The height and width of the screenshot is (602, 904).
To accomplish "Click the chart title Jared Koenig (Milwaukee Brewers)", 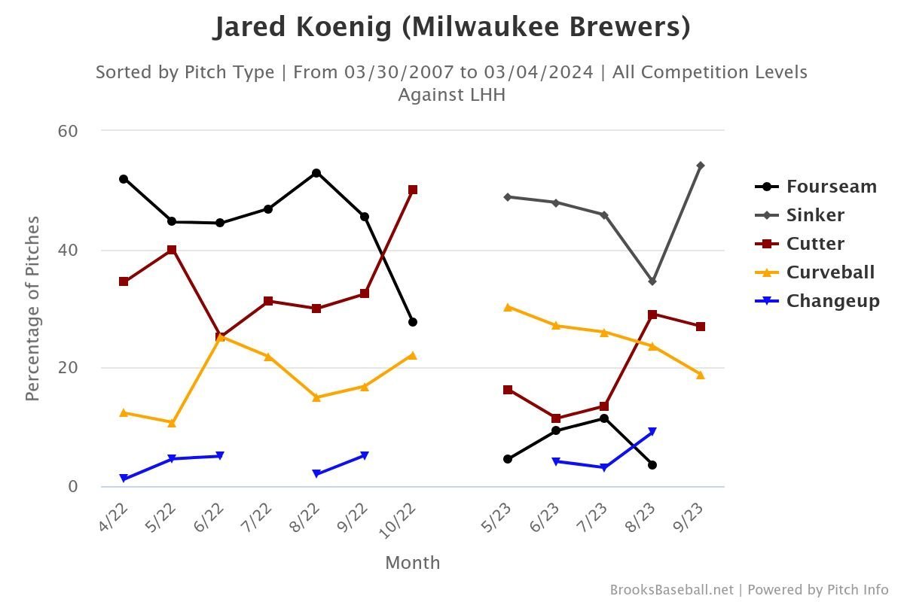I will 451,28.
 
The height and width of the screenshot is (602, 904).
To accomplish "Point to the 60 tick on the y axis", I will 68,131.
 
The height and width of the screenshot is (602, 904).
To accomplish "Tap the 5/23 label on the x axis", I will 500,517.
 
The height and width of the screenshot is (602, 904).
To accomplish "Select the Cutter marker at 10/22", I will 413,190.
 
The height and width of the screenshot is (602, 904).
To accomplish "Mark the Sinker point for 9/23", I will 701,166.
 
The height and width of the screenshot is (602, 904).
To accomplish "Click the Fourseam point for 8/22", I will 316,173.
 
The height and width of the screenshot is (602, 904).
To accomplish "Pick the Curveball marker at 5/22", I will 172,423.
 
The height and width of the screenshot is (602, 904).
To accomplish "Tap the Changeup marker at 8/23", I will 652,432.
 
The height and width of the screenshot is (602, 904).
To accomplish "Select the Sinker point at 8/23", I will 652,281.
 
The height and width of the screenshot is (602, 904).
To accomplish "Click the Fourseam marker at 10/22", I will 413,322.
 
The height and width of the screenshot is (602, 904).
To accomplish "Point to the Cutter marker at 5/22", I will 172,250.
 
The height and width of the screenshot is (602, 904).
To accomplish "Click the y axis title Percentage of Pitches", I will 32,309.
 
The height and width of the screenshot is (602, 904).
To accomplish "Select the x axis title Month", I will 412,563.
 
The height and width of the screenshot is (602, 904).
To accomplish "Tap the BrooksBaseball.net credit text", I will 671,590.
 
